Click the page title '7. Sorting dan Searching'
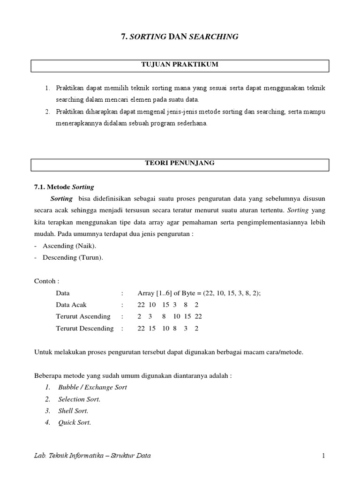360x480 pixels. tap(180, 37)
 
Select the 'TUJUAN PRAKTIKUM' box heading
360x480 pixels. tap(180, 65)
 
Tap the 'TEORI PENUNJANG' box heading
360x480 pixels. tap(180, 163)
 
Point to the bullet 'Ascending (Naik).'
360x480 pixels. tap(70, 246)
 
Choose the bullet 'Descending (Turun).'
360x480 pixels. tap(73, 257)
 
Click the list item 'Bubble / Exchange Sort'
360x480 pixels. tap(92, 387)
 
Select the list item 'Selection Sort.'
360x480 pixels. tap(79, 399)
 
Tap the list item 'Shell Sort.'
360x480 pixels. tap(73, 411)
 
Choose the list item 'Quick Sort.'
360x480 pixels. tap(75, 422)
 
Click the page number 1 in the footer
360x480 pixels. tap(323, 455)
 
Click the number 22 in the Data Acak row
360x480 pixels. tap(141, 305)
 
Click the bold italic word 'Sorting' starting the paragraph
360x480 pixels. tap(61, 199)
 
